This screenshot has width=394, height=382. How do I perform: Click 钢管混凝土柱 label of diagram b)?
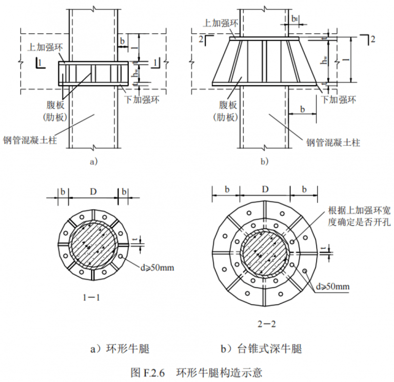(333, 142)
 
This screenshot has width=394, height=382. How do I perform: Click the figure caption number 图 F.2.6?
(147, 371)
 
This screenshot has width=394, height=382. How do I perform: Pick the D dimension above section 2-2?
(264, 189)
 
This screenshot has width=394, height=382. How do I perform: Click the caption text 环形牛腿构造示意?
(220, 371)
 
